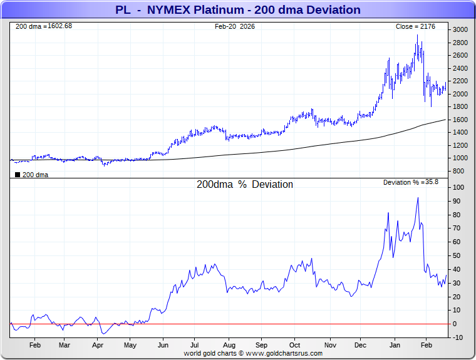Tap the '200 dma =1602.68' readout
[44, 26]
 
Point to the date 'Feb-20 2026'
[235, 26]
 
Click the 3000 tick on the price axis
[460, 29]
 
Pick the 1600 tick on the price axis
[460, 120]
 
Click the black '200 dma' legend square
[17, 175]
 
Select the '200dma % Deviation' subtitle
[245, 185]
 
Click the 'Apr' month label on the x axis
[97, 345]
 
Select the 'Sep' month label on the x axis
[262, 345]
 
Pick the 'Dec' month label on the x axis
[361, 345]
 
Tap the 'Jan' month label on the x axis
[395, 345]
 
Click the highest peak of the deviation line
[418, 198]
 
